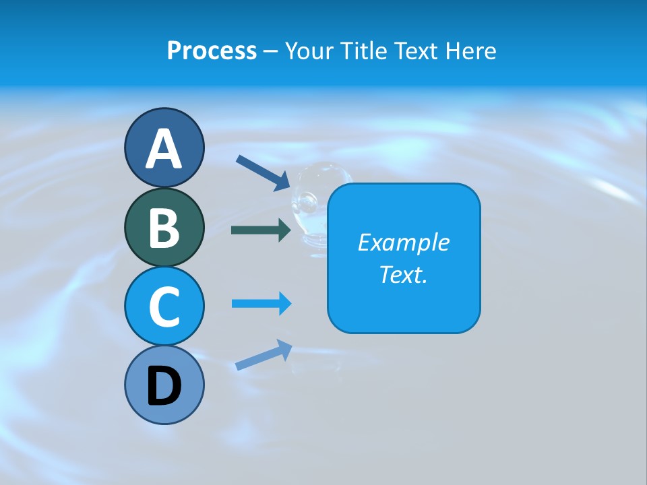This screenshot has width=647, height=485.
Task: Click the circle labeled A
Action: point(164,148)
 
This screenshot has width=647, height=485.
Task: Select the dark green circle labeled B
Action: point(164,227)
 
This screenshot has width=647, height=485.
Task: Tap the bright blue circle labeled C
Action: point(164,306)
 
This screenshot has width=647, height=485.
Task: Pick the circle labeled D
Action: point(164,385)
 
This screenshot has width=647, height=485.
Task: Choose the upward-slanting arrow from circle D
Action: point(264,355)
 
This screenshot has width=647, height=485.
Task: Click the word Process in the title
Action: point(212,51)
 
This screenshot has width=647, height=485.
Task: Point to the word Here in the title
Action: point(471,51)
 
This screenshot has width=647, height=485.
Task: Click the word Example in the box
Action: point(403,243)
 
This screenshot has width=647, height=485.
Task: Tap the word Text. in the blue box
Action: point(403,275)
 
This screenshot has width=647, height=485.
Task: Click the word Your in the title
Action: point(309,51)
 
